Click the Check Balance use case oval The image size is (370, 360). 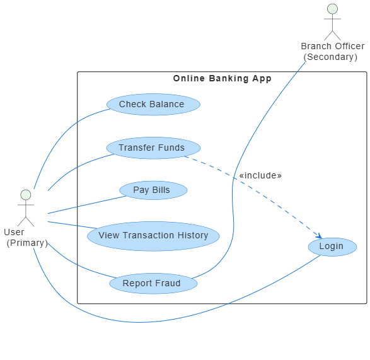(x=153, y=104)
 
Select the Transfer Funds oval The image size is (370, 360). (x=153, y=148)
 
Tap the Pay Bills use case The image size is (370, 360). (x=153, y=190)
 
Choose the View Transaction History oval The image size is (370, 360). (x=153, y=236)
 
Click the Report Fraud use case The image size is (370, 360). (x=153, y=283)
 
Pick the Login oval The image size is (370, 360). (x=332, y=247)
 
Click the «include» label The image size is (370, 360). (x=260, y=175)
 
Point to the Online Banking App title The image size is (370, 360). (x=223, y=78)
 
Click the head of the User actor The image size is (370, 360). (x=26, y=195)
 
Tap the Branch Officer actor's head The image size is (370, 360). (x=332, y=9)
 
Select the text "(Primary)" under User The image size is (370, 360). (x=27, y=243)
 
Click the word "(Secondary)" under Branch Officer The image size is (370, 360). (x=330, y=57)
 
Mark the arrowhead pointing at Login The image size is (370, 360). (x=320, y=236)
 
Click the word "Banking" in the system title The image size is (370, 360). (x=229, y=79)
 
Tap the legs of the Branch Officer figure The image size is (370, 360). (x=332, y=35)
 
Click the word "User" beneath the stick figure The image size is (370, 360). (x=14, y=232)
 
